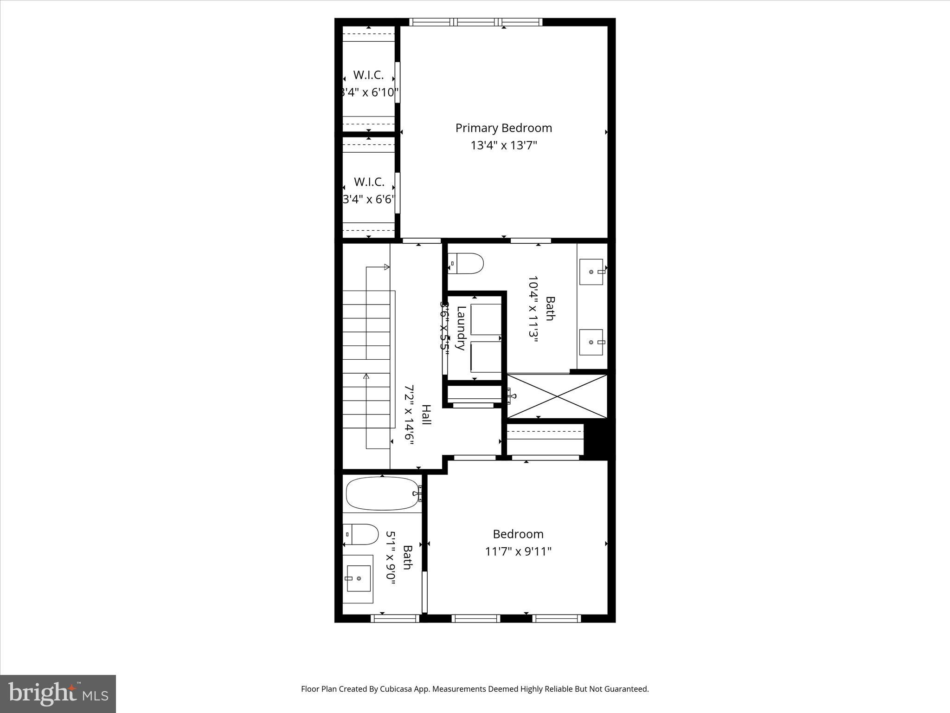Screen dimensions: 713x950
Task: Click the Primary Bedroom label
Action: click(503, 128)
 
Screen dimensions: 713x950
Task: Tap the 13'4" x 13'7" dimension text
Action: click(503, 146)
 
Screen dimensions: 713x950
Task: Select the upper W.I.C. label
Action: click(368, 75)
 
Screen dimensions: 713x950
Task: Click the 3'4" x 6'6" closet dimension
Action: click(369, 200)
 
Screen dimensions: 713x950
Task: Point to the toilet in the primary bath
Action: click(466, 263)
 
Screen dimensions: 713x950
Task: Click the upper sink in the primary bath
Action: click(591, 272)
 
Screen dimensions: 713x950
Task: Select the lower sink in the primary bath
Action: click(591, 342)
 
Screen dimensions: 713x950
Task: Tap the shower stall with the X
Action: click(557, 396)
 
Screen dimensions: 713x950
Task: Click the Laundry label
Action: click(461, 328)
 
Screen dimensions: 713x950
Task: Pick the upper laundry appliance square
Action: click(486, 319)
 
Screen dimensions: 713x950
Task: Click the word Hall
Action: click(426, 415)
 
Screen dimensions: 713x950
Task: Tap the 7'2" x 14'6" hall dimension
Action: click(409, 415)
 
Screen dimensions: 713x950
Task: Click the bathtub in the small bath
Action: click(382, 493)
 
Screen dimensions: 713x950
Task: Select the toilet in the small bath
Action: click(361, 534)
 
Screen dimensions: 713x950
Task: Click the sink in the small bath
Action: click(358, 578)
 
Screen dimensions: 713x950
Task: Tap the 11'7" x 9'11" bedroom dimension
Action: click(518, 551)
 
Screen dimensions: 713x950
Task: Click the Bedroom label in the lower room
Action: click(518, 534)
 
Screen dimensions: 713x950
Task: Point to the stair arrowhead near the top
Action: click(386, 267)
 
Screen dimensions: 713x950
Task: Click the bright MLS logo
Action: click(58, 694)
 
